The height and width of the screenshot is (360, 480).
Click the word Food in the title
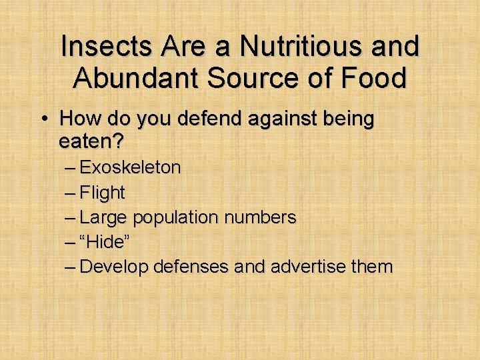pyautogui.click(x=373, y=78)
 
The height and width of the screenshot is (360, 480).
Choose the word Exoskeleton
pyautogui.click(x=130, y=167)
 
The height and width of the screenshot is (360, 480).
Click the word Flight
pyautogui.click(x=102, y=193)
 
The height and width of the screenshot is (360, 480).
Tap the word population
pyautogui.click(x=175, y=217)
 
